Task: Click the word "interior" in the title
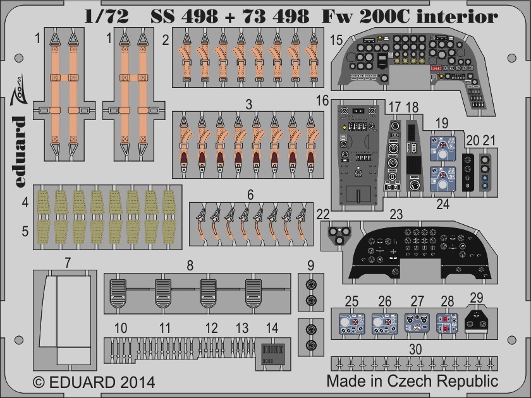457,16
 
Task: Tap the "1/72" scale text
106,16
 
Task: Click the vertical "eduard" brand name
20,151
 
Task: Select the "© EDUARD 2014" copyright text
94,382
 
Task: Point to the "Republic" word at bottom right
467,382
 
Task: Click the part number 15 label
336,40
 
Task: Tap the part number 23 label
396,215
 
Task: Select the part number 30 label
415,349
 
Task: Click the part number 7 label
68,263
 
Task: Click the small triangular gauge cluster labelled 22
339,234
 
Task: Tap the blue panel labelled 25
352,324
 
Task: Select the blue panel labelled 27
417,323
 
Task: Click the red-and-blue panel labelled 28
447,323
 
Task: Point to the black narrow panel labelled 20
468,172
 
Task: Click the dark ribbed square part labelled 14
273,354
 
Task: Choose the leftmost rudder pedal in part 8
118,293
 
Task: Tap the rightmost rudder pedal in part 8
253,293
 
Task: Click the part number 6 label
250,195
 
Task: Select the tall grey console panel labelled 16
358,155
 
